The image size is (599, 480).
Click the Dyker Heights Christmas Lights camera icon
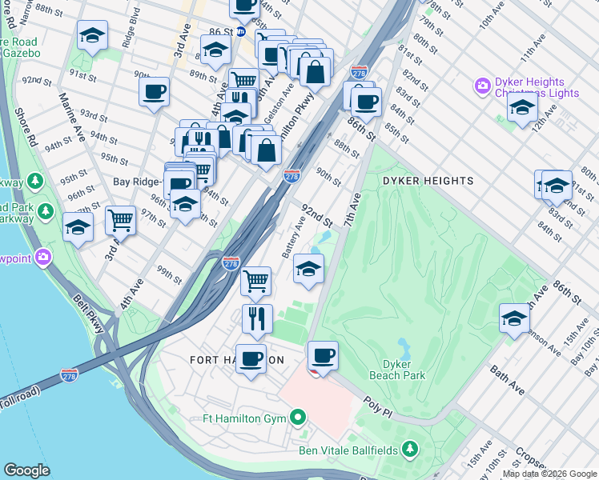point(483,86)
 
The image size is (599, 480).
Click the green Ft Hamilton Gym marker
point(298,417)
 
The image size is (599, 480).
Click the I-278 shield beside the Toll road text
point(70,374)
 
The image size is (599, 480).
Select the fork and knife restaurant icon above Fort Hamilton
point(257,318)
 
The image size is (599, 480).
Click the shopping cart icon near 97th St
point(120,218)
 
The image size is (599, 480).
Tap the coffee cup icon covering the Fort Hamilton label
point(251,359)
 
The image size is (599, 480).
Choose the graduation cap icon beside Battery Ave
point(308,269)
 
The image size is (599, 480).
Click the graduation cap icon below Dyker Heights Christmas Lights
point(522,108)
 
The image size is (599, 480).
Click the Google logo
point(27,470)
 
